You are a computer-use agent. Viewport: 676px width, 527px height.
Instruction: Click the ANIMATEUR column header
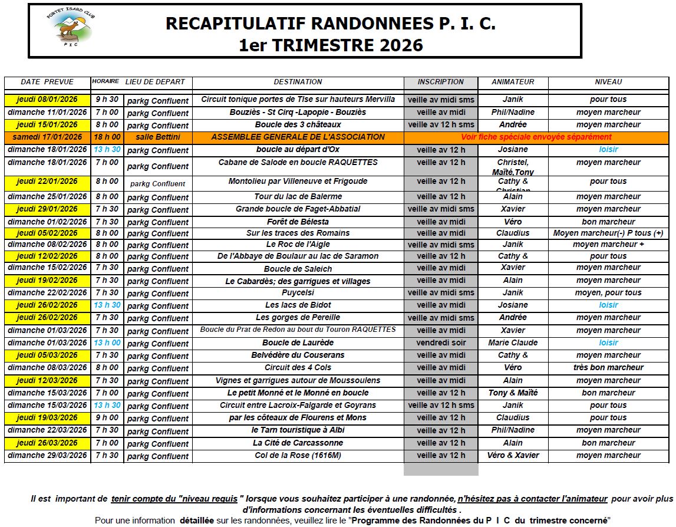[513, 82]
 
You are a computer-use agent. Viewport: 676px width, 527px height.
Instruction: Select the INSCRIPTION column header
[441, 82]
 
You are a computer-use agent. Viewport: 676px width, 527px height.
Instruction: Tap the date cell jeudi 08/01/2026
[47, 100]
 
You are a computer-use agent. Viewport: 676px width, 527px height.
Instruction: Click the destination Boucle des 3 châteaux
[298, 125]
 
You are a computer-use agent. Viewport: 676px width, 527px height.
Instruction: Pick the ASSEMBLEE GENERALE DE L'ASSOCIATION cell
[298, 137]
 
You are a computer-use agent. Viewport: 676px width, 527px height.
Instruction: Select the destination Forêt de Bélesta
[298, 222]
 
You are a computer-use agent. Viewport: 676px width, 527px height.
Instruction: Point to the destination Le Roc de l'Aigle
[298, 244]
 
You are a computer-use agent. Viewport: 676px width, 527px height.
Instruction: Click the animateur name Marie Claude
[513, 342]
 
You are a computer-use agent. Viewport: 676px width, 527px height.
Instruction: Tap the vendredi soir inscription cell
[441, 342]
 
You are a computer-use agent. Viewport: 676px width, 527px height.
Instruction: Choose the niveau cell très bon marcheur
[608, 367]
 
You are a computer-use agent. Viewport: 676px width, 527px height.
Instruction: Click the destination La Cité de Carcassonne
[298, 443]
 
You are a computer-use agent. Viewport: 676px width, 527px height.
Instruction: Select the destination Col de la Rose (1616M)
[298, 455]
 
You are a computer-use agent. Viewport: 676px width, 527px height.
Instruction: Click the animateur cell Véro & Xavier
[513, 455]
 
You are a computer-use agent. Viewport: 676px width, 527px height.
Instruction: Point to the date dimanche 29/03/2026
[47, 455]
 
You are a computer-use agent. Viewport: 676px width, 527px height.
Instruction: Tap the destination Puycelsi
[298, 292]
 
